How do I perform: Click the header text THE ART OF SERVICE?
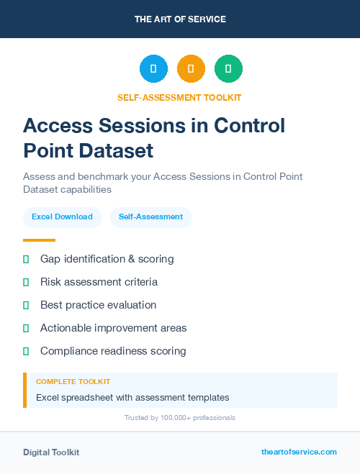[x=180, y=19]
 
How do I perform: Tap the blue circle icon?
[x=153, y=69]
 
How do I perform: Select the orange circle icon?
[x=191, y=69]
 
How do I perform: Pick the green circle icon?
[x=228, y=69]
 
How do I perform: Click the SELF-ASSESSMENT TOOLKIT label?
[x=180, y=97]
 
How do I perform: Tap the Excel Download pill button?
[x=62, y=217]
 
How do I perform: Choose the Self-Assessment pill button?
[x=150, y=217]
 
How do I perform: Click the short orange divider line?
[x=39, y=240]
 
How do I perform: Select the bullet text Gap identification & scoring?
[x=107, y=259]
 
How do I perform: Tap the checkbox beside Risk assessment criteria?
[x=26, y=282]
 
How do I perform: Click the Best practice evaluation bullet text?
[x=98, y=305]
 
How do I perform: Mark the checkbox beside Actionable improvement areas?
[x=26, y=328]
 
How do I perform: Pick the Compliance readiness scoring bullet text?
[x=113, y=351]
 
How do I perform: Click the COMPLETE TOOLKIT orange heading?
[x=73, y=382]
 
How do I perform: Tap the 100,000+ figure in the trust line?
[x=168, y=418]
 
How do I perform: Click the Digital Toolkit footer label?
[x=51, y=452]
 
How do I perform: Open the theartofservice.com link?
[x=299, y=452]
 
